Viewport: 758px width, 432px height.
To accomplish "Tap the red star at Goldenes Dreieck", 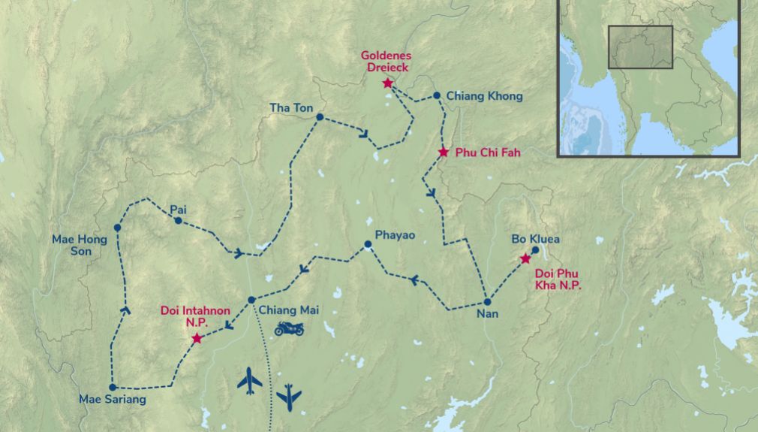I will tap(388, 83).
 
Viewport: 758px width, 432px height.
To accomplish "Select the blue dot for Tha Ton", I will tap(320, 117).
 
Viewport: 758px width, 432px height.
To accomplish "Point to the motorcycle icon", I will tap(289, 328).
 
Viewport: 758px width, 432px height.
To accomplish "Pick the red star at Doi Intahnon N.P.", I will tap(197, 339).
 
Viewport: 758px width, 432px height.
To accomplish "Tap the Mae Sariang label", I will tap(113, 400).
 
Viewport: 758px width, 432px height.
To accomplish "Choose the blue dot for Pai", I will tap(178, 221).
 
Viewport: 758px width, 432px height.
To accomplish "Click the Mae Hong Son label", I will tap(80, 245).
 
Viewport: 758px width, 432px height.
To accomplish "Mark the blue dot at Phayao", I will tap(368, 244).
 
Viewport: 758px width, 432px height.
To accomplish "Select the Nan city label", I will tap(487, 316).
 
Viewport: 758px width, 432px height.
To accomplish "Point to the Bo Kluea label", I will tap(536, 239).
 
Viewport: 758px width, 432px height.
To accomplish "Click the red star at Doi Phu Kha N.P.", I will tap(525, 259).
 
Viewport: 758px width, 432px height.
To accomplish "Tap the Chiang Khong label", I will tap(484, 96).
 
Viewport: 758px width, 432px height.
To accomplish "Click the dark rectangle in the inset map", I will tap(640, 47).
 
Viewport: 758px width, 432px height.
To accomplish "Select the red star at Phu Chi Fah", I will tap(444, 153).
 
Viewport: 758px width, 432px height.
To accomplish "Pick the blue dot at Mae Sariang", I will tap(113, 387).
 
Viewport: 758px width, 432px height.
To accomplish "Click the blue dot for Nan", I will tap(487, 302).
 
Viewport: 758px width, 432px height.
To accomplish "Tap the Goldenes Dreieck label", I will tap(386, 61).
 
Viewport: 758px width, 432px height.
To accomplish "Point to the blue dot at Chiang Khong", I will tap(437, 95).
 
